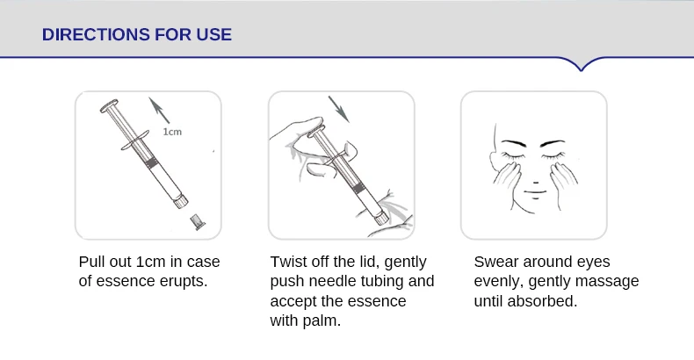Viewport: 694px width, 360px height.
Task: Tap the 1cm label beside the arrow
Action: coord(172,132)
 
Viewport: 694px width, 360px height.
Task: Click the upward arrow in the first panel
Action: coord(159,110)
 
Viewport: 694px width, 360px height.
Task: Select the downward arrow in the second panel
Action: coord(338,109)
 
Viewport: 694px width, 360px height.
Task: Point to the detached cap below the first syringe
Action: coord(198,222)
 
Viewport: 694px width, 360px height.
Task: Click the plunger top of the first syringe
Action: coord(109,106)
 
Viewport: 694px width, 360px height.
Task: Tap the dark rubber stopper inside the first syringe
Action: coord(152,162)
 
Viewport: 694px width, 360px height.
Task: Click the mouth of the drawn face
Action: coord(535,192)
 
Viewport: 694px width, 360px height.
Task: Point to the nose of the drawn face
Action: coord(535,182)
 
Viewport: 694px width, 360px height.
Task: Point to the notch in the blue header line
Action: coord(581,69)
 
